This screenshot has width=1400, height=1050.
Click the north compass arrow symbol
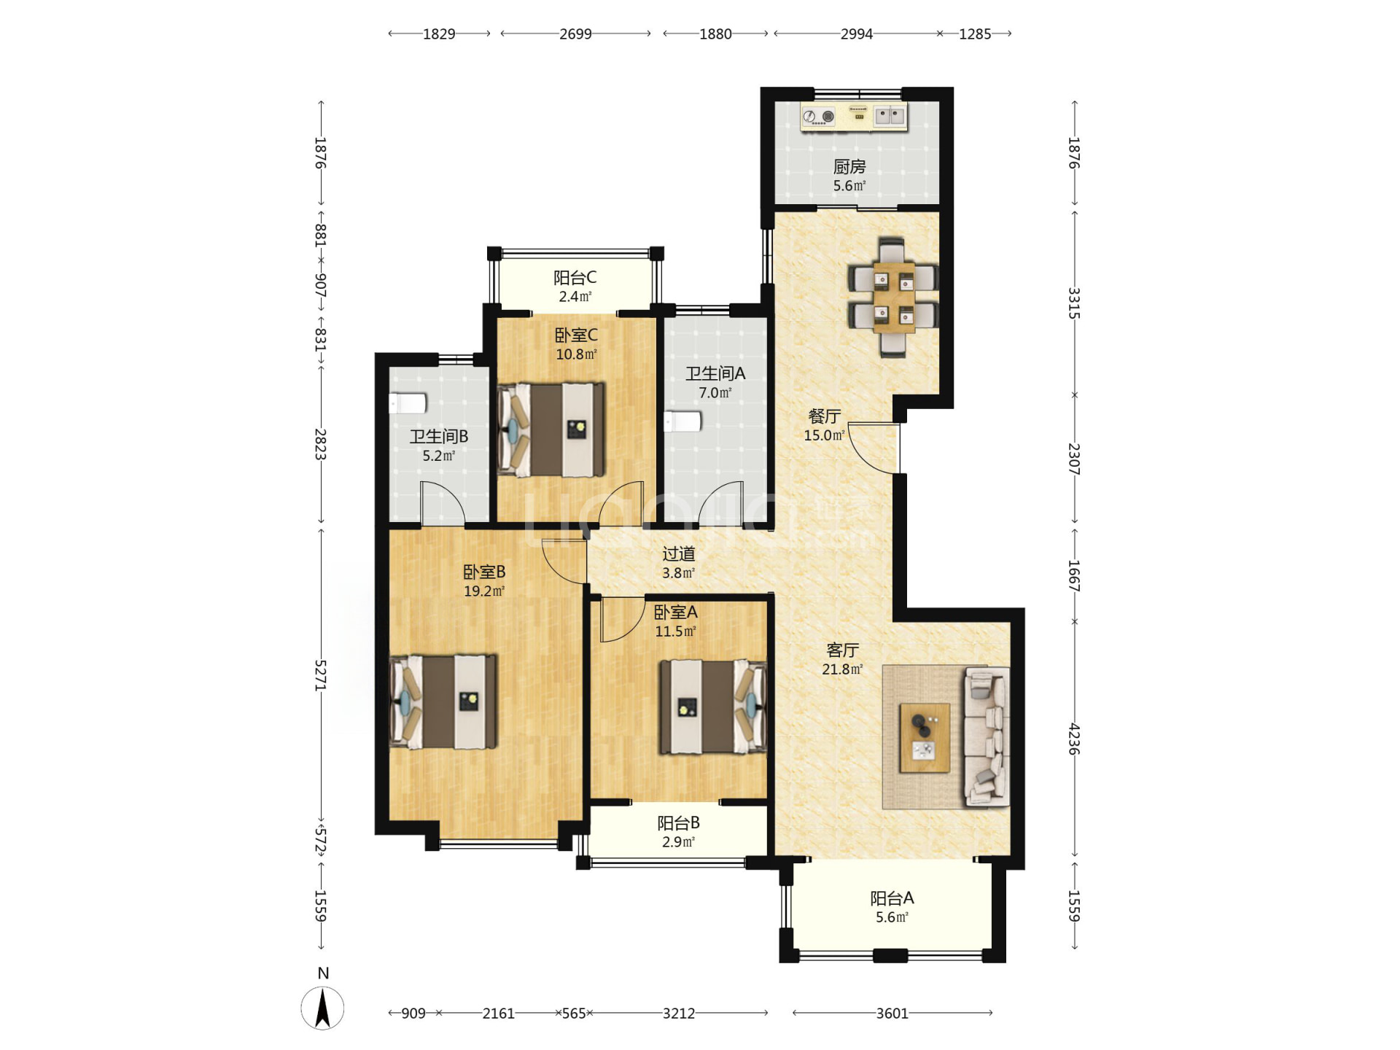pos(322,1008)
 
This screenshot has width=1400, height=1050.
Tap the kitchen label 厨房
pos(849,167)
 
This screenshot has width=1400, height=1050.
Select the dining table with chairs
pos(892,297)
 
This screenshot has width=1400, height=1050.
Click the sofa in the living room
pos(987,736)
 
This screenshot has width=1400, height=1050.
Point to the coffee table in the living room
pos(925,737)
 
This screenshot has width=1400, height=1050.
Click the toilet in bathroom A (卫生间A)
pos(682,421)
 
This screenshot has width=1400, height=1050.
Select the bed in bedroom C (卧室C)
pos(551,430)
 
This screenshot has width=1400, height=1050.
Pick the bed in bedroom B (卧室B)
pos(443,701)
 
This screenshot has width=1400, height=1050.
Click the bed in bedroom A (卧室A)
pos(713,707)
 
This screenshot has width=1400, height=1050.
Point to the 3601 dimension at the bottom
pos(892,1013)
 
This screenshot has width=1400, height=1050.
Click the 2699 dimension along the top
pos(575,34)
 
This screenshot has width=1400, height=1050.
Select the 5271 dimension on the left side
pos(320,675)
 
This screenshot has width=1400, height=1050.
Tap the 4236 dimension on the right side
pos(1074,739)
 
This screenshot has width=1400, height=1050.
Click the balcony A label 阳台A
pos(892,898)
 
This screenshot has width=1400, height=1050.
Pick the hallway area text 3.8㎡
pos(678,573)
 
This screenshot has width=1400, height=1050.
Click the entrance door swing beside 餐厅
pos(874,448)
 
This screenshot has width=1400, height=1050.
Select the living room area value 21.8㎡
pos(842,669)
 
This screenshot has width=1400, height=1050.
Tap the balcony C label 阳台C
pos(575,278)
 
